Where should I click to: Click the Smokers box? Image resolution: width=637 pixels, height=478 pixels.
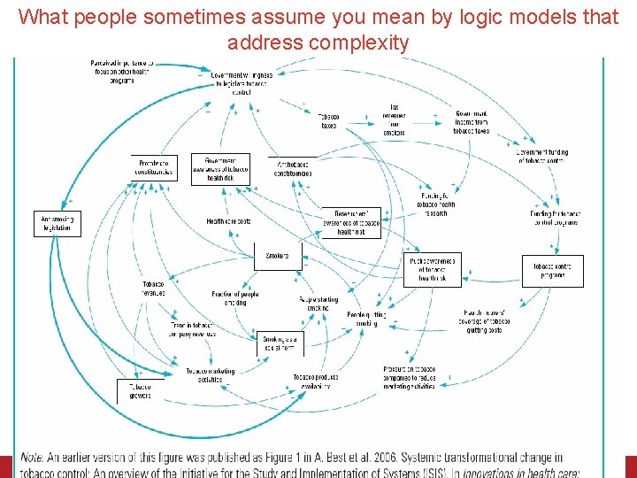[277, 257]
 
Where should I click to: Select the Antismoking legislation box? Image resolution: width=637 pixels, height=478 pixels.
[57, 223]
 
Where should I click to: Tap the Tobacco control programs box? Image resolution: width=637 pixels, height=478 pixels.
[552, 270]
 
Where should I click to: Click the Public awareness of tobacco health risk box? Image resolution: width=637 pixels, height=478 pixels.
[432, 268]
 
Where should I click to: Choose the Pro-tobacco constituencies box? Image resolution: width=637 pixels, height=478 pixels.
[155, 167]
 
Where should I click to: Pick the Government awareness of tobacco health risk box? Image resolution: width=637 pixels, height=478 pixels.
[220, 167]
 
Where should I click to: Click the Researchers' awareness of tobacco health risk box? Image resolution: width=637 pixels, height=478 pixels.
[357, 221]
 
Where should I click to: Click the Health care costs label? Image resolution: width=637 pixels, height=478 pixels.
[228, 221]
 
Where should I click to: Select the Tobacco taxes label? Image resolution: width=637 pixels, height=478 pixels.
[329, 121]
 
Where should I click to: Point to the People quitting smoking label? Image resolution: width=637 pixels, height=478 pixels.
[366, 319]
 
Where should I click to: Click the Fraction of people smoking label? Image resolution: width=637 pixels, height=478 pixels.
[234, 297]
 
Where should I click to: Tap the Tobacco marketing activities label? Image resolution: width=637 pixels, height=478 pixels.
[211, 374]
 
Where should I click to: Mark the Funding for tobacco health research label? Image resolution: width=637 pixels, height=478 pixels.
[436, 204]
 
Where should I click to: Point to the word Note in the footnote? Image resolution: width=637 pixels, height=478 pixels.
[32, 458]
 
